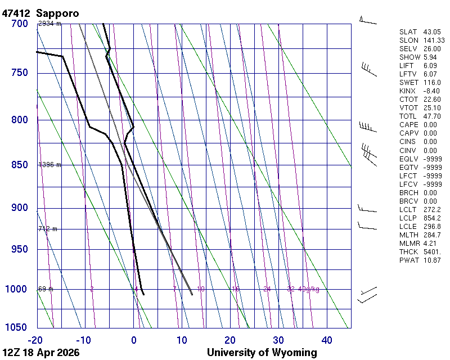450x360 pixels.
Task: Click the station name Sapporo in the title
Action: [x=57, y=12]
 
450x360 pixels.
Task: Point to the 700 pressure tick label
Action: [x=19, y=24]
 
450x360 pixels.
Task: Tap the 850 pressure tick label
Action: [x=19, y=165]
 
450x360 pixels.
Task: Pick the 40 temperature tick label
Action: [x=327, y=340]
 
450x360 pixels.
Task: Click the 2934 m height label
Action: [x=49, y=24]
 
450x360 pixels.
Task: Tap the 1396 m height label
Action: [x=49, y=165]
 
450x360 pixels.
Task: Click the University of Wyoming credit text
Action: [x=262, y=353]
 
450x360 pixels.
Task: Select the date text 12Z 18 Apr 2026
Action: [x=40, y=353]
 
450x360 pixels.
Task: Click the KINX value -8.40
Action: [x=431, y=91]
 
